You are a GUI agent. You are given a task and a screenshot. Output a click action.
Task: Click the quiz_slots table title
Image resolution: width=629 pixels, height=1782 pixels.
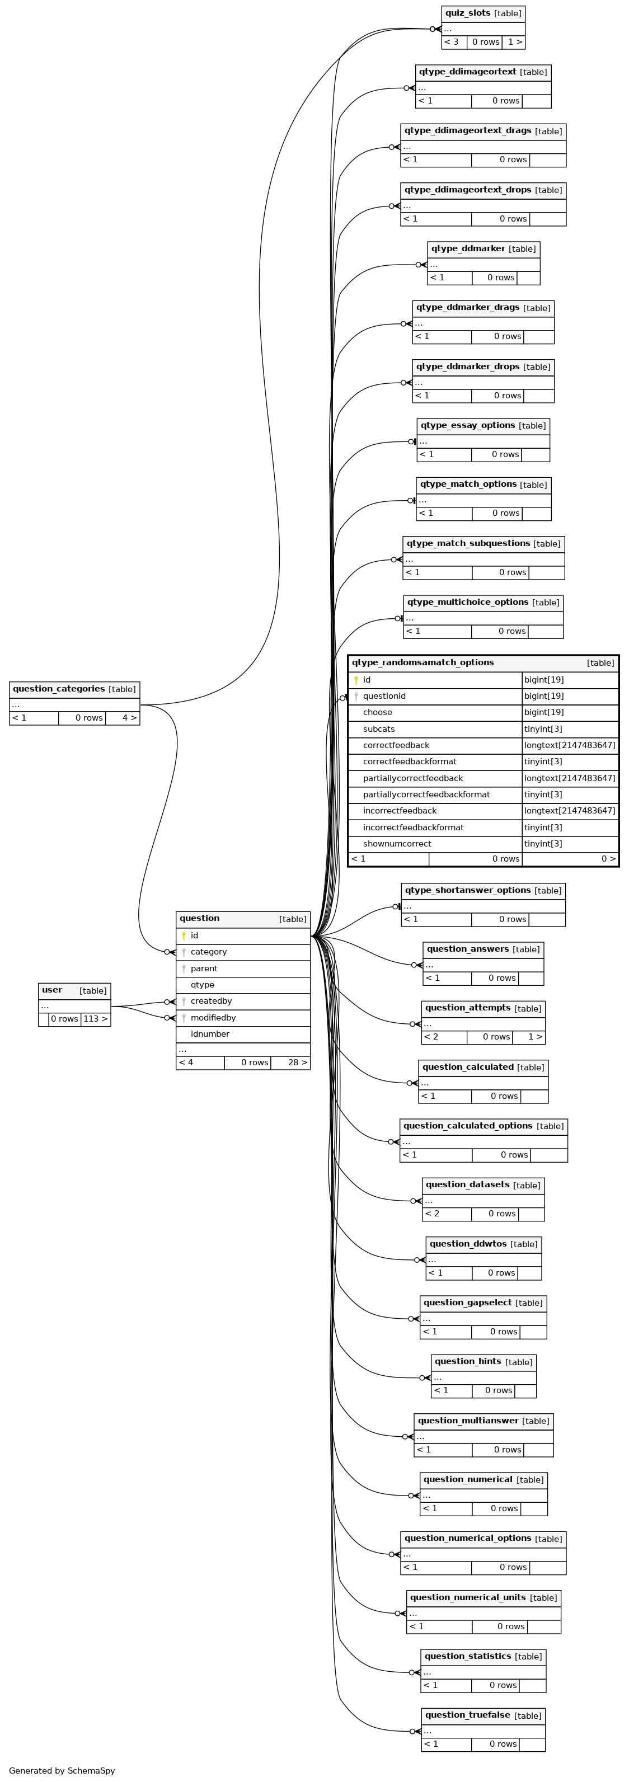pyautogui.click(x=468, y=13)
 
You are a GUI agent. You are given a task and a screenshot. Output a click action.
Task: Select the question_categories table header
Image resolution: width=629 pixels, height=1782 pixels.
pyautogui.click(x=59, y=689)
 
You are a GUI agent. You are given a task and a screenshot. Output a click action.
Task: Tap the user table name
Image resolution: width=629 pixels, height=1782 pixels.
pyautogui.click(x=52, y=990)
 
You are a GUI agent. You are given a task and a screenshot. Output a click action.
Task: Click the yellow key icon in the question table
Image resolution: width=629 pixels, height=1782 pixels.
pyautogui.click(x=184, y=936)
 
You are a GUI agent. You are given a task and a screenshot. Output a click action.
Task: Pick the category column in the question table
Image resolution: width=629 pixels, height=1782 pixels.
pyautogui.click(x=208, y=952)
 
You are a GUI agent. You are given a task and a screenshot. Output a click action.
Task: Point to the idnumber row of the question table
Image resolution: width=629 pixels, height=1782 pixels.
pyautogui.click(x=210, y=1034)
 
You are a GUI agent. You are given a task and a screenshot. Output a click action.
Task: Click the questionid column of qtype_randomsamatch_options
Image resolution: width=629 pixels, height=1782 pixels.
pyautogui.click(x=384, y=696)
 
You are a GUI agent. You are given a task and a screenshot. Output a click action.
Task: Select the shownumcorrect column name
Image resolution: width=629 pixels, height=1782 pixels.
pyautogui.click(x=397, y=844)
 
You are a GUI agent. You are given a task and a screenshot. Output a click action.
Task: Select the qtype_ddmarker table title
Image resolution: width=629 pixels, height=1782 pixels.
pyautogui.click(x=468, y=248)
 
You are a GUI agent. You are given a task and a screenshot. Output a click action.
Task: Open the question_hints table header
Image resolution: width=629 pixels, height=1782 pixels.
pyautogui.click(x=468, y=1361)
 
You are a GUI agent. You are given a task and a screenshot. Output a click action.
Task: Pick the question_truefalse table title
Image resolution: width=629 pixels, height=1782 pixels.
pyautogui.click(x=467, y=1715)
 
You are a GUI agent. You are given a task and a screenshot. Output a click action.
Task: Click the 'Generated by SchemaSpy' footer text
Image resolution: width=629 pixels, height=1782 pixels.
pyautogui.click(x=62, y=1770)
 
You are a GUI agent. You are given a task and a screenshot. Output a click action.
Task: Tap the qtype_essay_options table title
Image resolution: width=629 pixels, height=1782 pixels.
pyautogui.click(x=468, y=425)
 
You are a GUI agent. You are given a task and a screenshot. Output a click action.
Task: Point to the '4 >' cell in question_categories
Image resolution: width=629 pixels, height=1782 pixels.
pyautogui.click(x=129, y=718)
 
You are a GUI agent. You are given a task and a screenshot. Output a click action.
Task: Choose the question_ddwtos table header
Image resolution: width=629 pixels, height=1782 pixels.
pyautogui.click(x=468, y=1244)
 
